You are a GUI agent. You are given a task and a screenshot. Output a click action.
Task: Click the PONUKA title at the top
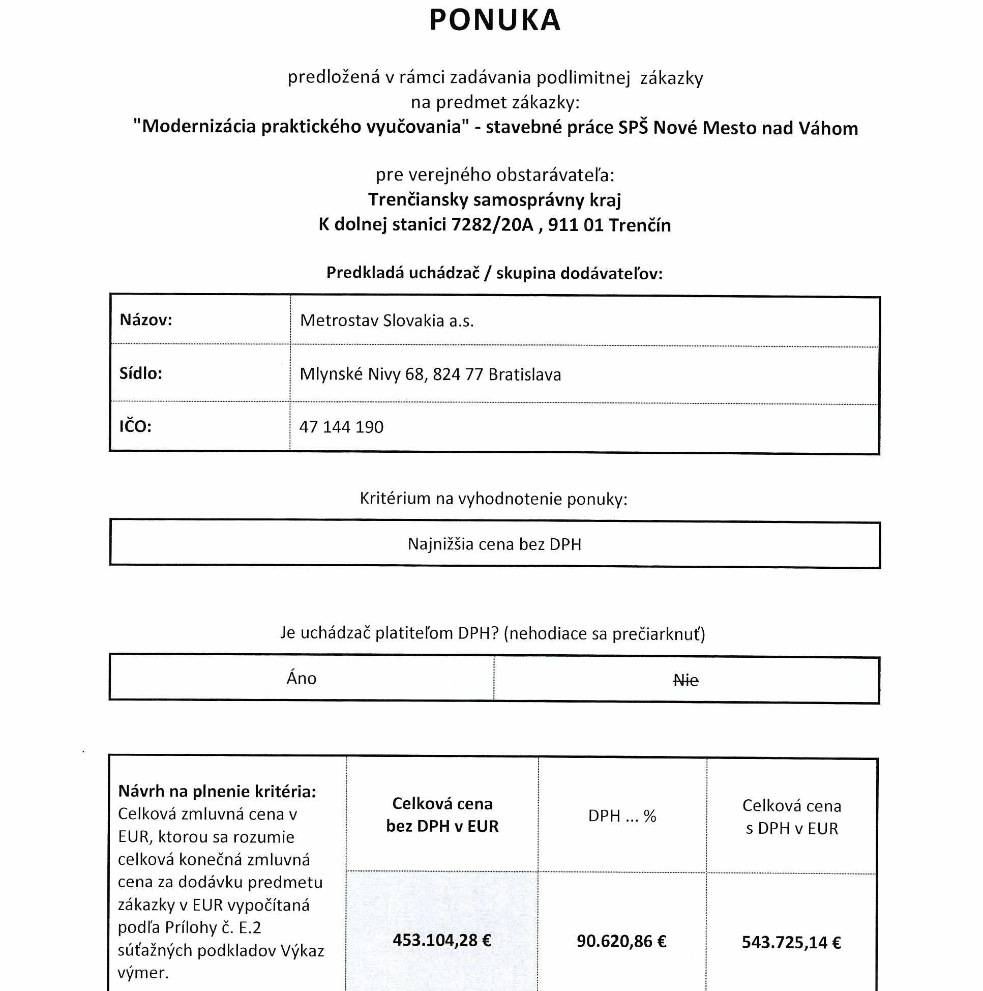(x=494, y=20)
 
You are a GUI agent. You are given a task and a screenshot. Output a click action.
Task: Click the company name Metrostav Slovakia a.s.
(x=386, y=320)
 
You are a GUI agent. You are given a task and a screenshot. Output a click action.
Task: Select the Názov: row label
(x=145, y=320)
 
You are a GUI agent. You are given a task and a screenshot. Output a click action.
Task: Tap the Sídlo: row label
(x=140, y=373)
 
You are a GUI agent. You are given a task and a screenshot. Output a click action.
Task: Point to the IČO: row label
(x=135, y=426)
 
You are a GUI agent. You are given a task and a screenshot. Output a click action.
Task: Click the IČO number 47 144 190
(x=341, y=427)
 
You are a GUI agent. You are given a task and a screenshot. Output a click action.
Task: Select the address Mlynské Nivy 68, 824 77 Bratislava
(x=430, y=374)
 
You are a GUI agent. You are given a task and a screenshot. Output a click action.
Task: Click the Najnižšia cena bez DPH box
(x=494, y=544)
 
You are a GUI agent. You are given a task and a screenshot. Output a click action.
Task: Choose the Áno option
(x=302, y=679)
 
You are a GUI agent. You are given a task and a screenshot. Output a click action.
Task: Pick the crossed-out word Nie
(x=686, y=681)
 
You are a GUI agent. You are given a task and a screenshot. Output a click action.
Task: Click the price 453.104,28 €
(x=441, y=940)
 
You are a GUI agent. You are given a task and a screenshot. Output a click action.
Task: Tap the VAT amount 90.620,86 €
(x=621, y=941)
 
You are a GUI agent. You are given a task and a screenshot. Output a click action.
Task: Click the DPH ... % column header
(x=621, y=816)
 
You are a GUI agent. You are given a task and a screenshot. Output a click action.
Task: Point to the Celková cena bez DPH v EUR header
(x=442, y=814)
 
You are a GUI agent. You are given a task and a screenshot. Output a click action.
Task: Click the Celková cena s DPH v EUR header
(x=791, y=817)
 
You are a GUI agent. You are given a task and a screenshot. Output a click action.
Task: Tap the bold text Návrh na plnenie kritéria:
(x=217, y=792)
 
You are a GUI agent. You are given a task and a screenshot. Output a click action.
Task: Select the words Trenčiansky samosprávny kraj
(x=494, y=199)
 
